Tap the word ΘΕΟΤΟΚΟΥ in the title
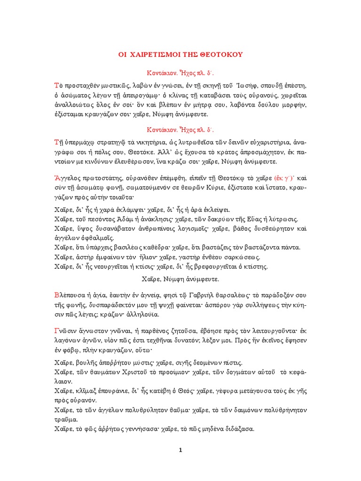click(222, 55)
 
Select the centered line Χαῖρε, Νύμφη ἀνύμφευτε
click(180, 279)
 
